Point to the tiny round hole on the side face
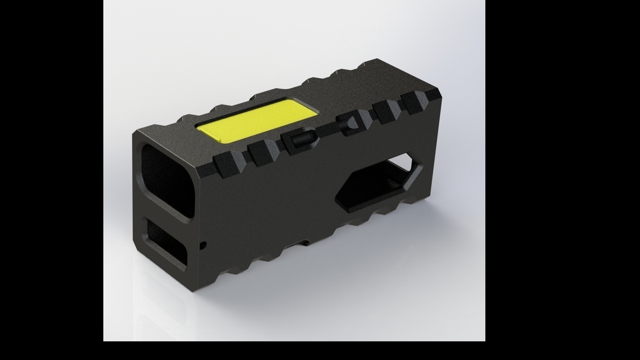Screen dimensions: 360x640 [202, 246]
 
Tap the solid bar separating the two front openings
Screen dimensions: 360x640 [164, 216]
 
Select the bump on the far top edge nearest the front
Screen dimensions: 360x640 [187, 117]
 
